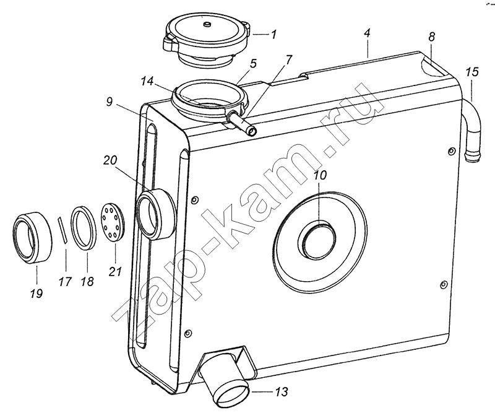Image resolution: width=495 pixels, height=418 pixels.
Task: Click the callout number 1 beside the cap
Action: click(273, 34)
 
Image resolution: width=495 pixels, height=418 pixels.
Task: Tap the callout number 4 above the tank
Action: click(366, 33)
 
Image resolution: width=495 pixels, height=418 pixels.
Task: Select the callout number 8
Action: click(431, 37)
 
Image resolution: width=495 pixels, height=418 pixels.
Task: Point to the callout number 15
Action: click(472, 72)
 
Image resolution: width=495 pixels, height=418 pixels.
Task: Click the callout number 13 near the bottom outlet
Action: click(282, 392)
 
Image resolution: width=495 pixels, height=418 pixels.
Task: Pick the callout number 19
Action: click(37, 294)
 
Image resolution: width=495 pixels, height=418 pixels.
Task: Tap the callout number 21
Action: click(115, 271)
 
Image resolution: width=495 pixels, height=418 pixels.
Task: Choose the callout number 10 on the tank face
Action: click(320, 175)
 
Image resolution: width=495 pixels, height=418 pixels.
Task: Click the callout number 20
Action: click(110, 160)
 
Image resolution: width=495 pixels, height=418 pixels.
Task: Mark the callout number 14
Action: click(147, 81)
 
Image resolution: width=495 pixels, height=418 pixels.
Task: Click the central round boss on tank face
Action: click(317, 240)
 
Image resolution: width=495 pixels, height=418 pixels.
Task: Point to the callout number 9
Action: click(110, 102)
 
